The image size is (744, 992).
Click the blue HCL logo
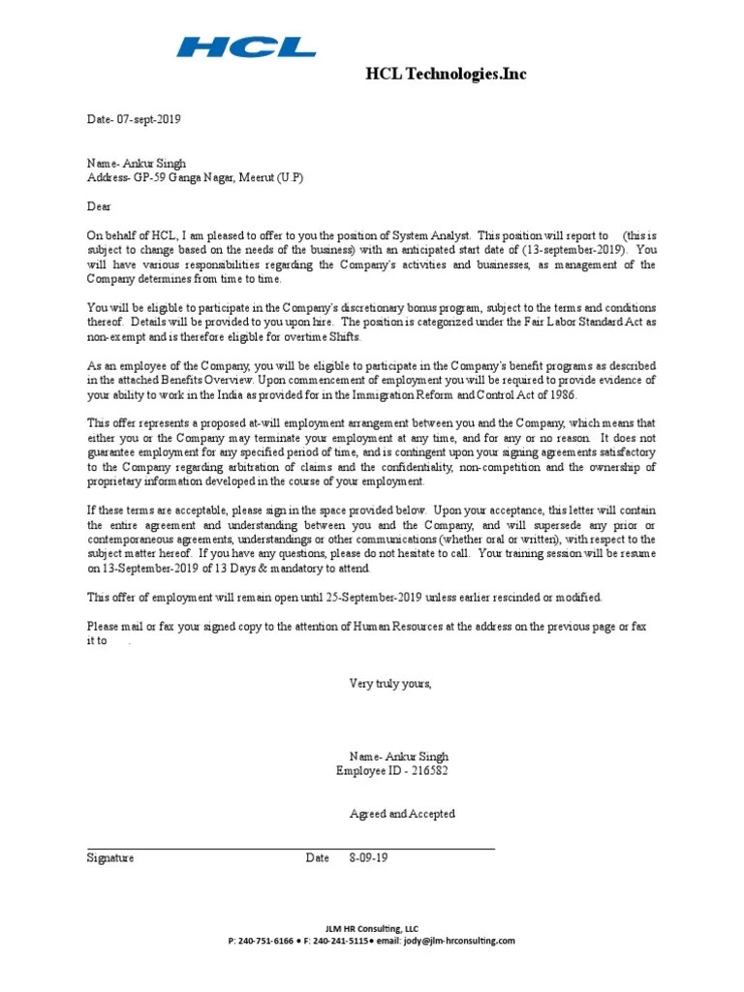click(246, 46)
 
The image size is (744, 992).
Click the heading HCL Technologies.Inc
click(446, 74)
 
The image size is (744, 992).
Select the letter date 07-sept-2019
click(147, 119)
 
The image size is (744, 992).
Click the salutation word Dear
click(100, 205)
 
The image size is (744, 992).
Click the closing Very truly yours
click(390, 684)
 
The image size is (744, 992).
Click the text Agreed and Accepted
click(402, 814)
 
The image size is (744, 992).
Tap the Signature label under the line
click(110, 858)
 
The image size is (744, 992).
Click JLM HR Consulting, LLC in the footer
click(372, 928)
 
